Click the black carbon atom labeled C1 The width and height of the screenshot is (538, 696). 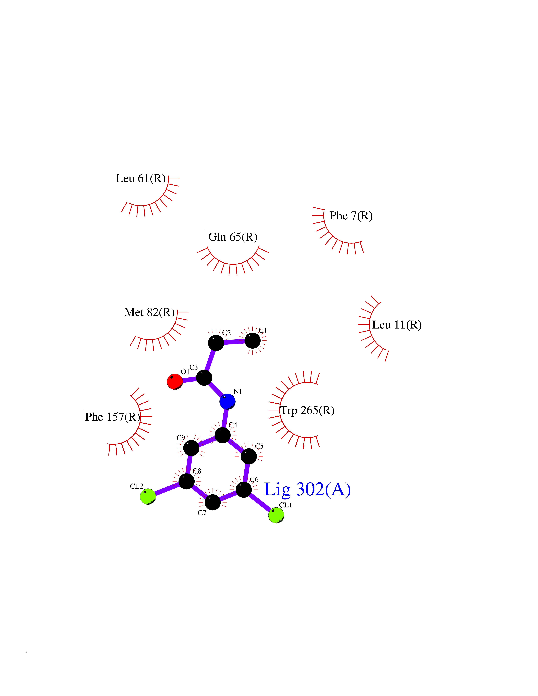pos(252,341)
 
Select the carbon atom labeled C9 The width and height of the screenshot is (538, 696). pos(191,448)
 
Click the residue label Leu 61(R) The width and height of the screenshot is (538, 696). pos(141,178)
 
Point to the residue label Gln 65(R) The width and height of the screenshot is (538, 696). pos(233,237)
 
